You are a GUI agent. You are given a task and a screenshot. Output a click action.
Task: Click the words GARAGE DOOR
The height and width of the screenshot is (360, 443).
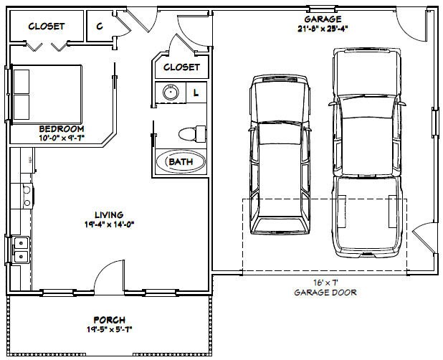[x=325, y=293]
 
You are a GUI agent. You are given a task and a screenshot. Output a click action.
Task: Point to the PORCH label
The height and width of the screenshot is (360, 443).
[x=109, y=319]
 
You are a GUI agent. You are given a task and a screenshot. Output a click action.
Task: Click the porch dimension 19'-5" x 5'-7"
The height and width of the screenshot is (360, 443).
[x=109, y=329]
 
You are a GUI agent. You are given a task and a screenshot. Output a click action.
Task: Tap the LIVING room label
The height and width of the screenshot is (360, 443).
[x=109, y=214]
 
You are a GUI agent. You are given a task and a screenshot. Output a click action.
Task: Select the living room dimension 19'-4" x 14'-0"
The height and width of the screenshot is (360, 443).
[x=109, y=224]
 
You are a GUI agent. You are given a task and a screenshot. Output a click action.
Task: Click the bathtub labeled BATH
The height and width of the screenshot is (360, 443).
[x=181, y=162]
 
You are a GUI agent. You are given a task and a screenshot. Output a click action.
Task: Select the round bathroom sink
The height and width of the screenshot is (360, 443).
[x=171, y=92]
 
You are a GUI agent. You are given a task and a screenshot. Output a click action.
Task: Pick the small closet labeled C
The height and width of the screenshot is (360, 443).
[x=98, y=25]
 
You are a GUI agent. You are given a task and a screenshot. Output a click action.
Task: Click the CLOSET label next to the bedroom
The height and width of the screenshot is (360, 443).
[x=46, y=27]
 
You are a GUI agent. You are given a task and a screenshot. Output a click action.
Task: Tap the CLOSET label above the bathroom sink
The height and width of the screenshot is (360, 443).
[x=181, y=67]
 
